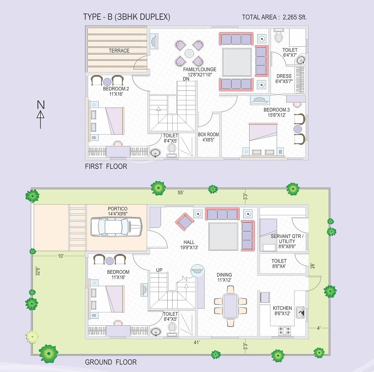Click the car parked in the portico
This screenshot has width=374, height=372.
[116, 227]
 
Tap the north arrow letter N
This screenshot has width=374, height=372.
[40, 104]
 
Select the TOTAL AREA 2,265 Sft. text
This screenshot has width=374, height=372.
[274, 17]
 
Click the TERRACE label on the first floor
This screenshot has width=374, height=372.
[119, 51]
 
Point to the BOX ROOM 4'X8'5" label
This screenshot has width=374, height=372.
[208, 137]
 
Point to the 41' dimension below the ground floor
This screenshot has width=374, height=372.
[197, 342]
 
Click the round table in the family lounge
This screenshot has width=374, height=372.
[189, 53]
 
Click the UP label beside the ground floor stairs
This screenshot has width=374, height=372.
[159, 270]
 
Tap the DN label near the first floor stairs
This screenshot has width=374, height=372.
[186, 79]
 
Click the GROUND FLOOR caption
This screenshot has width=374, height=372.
[111, 362]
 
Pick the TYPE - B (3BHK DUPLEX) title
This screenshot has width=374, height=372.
[126, 17]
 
